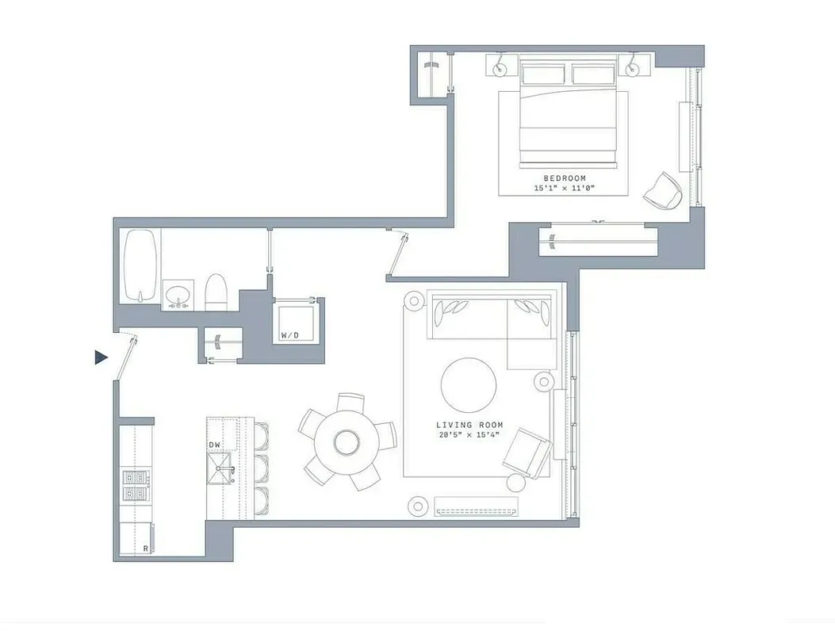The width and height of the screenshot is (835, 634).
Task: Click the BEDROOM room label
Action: click(x=564, y=178)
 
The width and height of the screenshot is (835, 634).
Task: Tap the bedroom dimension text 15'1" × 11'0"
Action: click(x=564, y=189)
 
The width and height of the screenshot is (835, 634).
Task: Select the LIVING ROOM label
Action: click(x=469, y=425)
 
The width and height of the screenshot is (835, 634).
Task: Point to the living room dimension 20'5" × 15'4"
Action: click(x=469, y=435)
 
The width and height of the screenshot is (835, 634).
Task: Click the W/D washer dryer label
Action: click(x=290, y=335)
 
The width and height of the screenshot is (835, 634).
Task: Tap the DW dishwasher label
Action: click(x=214, y=445)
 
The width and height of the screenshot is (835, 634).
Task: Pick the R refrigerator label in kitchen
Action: click(x=146, y=548)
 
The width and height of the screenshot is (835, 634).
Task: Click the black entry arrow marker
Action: click(x=100, y=357)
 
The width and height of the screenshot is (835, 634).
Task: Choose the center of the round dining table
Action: click(x=347, y=441)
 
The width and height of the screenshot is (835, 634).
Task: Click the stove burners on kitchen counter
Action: click(x=134, y=485)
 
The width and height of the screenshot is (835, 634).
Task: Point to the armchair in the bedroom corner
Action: click(x=663, y=190)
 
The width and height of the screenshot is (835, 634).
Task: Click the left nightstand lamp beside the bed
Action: click(x=500, y=69)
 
